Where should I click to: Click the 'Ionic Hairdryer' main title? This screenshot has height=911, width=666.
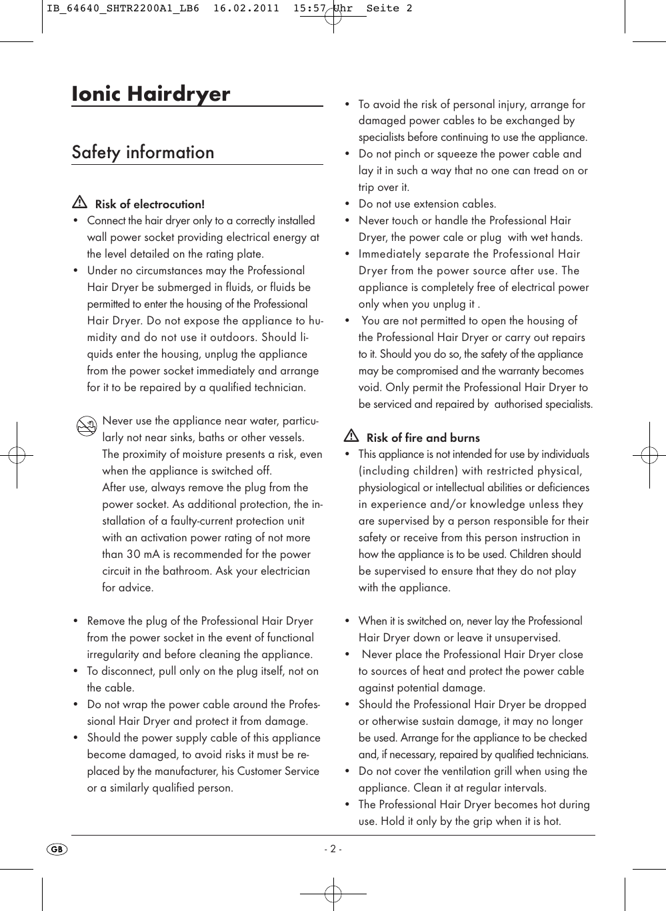[151, 93]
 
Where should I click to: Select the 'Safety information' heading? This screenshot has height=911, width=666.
[143, 152]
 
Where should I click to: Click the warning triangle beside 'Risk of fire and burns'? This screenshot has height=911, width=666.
[351, 436]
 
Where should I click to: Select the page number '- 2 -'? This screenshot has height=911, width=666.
[333, 849]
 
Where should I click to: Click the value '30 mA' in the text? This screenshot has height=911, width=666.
[143, 554]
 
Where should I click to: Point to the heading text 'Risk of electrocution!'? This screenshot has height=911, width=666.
[150, 204]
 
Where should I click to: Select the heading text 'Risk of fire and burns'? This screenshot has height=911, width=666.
[423, 438]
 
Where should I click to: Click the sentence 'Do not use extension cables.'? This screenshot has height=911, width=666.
[427, 204]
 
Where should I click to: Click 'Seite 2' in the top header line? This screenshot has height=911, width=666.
[389, 8]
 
